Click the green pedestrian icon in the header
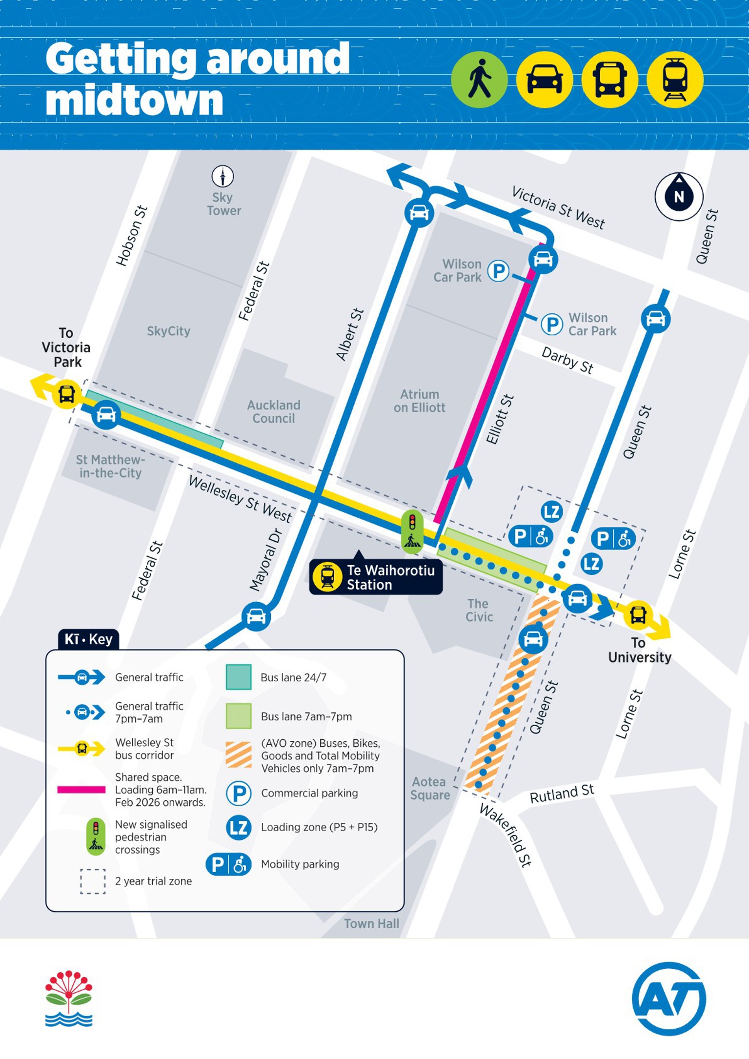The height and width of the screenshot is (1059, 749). (479, 79)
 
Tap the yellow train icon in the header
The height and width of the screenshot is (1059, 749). (675, 79)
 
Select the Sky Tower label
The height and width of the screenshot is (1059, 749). (223, 204)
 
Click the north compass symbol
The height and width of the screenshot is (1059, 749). (678, 196)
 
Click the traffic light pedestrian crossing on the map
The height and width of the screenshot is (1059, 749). (412, 532)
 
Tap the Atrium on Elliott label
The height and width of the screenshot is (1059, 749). (419, 401)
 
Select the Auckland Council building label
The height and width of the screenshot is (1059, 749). (273, 411)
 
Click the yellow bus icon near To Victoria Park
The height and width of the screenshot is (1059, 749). (67, 393)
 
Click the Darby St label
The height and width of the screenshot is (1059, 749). (567, 360)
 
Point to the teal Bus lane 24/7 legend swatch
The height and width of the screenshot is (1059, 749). (239, 677)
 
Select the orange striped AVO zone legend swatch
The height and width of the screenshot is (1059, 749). (239, 754)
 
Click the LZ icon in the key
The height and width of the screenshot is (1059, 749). (239, 827)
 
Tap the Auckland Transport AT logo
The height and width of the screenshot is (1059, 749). (668, 998)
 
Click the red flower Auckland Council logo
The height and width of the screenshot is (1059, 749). (69, 998)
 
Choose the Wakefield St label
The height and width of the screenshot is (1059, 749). (505, 835)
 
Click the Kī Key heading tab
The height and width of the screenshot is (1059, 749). (88, 639)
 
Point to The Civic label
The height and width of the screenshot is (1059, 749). (479, 610)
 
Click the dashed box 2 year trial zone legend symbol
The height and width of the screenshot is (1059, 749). (93, 881)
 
